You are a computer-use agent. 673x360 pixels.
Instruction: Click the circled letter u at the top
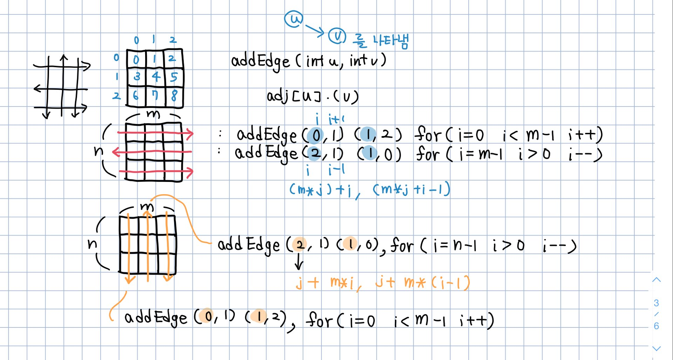click(x=294, y=19)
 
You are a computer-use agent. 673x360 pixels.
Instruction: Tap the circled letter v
click(x=337, y=36)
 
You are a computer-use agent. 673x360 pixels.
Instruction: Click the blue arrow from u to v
click(x=315, y=29)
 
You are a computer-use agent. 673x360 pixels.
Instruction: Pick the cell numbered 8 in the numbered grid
click(x=174, y=96)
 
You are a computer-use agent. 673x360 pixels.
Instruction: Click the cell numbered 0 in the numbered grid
click(x=136, y=59)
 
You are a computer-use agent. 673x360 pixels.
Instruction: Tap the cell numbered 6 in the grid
click(x=136, y=96)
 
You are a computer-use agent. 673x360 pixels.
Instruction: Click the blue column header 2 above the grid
click(x=173, y=40)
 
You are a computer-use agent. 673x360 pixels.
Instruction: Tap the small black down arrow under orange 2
click(x=299, y=261)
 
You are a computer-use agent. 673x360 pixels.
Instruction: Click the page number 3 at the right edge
click(x=656, y=303)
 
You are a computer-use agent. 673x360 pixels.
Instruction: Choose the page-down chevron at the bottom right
click(x=656, y=348)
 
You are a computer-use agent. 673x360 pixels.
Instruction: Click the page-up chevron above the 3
click(x=656, y=280)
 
